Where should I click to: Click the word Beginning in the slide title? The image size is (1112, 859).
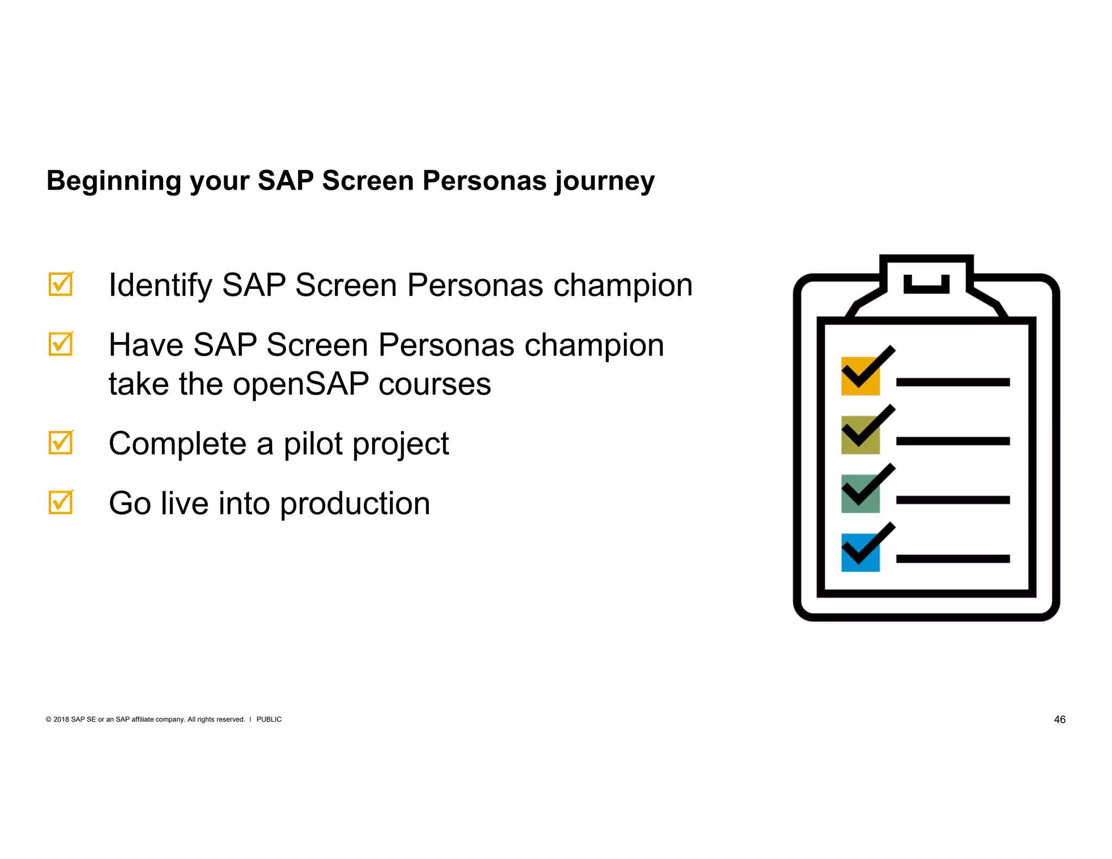pos(113,181)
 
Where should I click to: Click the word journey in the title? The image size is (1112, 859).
pos(604,181)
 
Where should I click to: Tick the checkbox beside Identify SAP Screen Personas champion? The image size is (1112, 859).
pos(60,284)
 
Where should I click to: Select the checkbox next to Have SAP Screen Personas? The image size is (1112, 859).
pos(60,344)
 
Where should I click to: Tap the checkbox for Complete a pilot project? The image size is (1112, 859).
pos(60,443)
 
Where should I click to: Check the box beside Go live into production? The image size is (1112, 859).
pos(60,502)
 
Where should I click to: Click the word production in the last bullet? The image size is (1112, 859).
pos(355,504)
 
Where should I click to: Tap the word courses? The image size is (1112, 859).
pos(434,384)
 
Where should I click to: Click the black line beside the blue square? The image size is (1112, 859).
pos(953,559)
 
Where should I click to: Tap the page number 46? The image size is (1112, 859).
pos(1059,719)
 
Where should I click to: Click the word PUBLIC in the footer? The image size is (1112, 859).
pos(269,719)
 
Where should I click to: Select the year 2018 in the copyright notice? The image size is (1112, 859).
pos(61,719)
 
